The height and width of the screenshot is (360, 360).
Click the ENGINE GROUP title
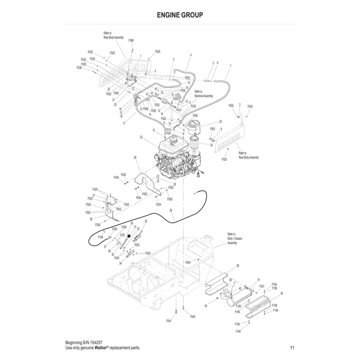coord(180,14)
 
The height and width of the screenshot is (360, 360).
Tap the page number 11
coord(292,347)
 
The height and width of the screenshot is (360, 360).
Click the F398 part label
coord(131,40)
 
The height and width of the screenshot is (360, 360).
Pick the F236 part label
coord(79,67)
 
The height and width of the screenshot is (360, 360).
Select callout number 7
coord(230,66)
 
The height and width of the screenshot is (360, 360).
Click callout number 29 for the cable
coord(171,211)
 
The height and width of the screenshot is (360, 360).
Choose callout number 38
coord(238,266)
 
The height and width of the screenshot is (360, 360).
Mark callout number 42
coord(282,293)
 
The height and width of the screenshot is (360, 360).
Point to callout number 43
coord(206,306)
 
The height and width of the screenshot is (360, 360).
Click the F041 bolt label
coord(169,320)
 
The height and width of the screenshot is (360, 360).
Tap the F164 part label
coord(100,237)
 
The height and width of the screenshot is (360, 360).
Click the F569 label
coord(145,108)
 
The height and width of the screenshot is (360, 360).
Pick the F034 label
coord(159,204)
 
